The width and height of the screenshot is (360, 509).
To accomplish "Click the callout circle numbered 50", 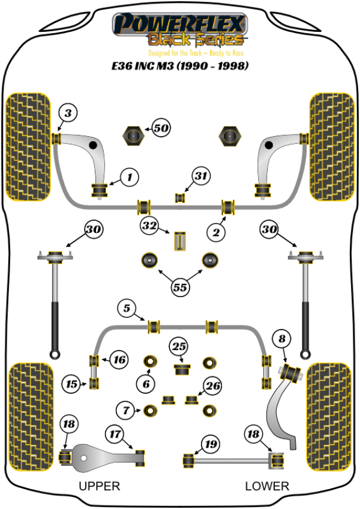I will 161,128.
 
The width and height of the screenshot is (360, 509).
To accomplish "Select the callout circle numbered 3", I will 68,112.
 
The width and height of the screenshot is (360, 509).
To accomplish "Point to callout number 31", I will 200,176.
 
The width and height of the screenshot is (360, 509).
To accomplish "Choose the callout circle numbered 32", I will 149,226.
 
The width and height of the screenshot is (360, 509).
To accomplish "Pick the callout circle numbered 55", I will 180,288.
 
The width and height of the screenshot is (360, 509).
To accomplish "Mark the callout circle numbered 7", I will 126,411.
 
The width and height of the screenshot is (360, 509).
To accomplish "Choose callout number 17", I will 115,433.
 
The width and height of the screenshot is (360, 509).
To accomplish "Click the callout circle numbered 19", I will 209,445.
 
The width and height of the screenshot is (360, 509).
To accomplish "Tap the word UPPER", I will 100,486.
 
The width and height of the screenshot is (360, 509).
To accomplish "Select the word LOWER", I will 267,486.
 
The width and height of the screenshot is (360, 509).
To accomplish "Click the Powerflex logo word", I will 180,24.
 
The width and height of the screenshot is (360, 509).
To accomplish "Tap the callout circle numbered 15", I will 73,384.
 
